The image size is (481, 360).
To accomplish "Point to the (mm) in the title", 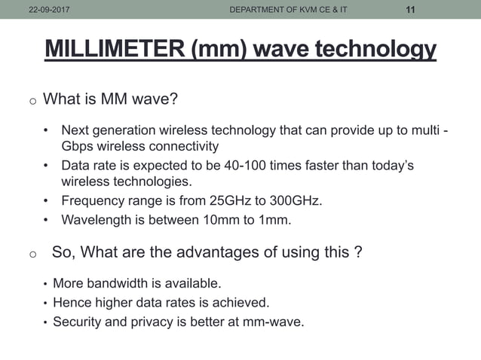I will tap(220, 49).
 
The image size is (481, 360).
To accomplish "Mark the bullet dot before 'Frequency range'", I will tap(47, 201).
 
